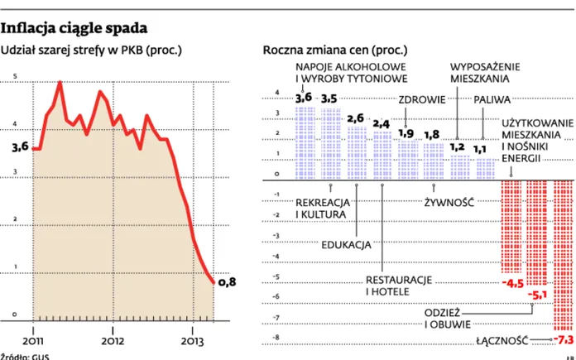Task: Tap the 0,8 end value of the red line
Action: pos(227,282)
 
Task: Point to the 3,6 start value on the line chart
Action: pos(20,146)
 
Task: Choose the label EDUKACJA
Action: pos(347,244)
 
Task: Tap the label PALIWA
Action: pos(491,99)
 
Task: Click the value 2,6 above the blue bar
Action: pos(355,118)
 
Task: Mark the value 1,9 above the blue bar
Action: pos(406,132)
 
